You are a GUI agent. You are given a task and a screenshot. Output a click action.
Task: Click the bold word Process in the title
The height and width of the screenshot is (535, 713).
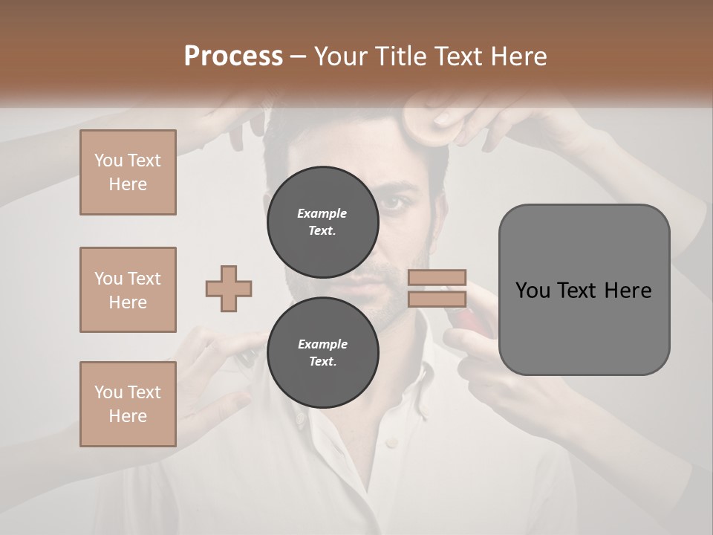233,56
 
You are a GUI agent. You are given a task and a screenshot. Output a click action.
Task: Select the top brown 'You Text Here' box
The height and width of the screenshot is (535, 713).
128,172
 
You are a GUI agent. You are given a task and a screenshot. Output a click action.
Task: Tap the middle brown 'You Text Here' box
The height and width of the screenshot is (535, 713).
128,290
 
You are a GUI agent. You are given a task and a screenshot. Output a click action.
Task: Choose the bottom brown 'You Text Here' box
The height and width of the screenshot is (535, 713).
128,403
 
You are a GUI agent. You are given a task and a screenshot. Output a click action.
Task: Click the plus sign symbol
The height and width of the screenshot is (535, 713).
229,289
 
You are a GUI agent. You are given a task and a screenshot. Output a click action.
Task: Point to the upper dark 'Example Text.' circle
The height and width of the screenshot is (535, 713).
322,222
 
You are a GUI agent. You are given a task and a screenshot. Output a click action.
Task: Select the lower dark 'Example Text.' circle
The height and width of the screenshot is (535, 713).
322,352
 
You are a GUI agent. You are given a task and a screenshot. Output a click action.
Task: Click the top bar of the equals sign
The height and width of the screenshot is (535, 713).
437,278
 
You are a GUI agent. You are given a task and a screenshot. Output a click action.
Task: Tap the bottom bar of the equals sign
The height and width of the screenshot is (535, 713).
437,299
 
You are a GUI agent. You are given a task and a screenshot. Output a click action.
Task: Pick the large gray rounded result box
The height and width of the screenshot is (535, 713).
584,290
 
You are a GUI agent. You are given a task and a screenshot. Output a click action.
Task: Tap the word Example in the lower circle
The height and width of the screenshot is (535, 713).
322,344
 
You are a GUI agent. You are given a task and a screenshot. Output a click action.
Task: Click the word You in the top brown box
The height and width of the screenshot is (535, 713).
108,160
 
